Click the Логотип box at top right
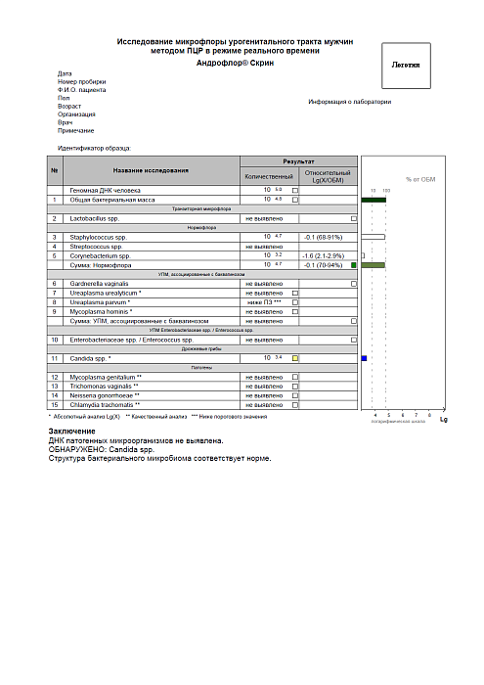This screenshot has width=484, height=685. pyautogui.click(x=405, y=66)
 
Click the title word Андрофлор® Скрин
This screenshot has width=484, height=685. pyautogui.click(x=235, y=62)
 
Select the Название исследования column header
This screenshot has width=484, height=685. pyautogui.click(x=150, y=171)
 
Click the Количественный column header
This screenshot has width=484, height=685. pyautogui.click(x=268, y=176)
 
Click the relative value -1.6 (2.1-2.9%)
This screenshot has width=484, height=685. pyautogui.click(x=322, y=255)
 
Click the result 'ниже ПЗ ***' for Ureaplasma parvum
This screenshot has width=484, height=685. pyautogui.click(x=264, y=302)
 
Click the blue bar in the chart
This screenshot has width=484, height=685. pyautogui.click(x=364, y=359)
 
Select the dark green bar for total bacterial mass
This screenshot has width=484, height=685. pyautogui.click(x=374, y=199)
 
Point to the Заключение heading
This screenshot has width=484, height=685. pyautogui.click(x=72, y=432)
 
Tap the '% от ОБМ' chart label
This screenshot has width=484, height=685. pyautogui.click(x=420, y=180)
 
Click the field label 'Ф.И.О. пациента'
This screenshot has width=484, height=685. pyautogui.click(x=82, y=89)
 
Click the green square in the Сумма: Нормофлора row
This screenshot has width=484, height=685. pyautogui.click(x=354, y=265)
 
